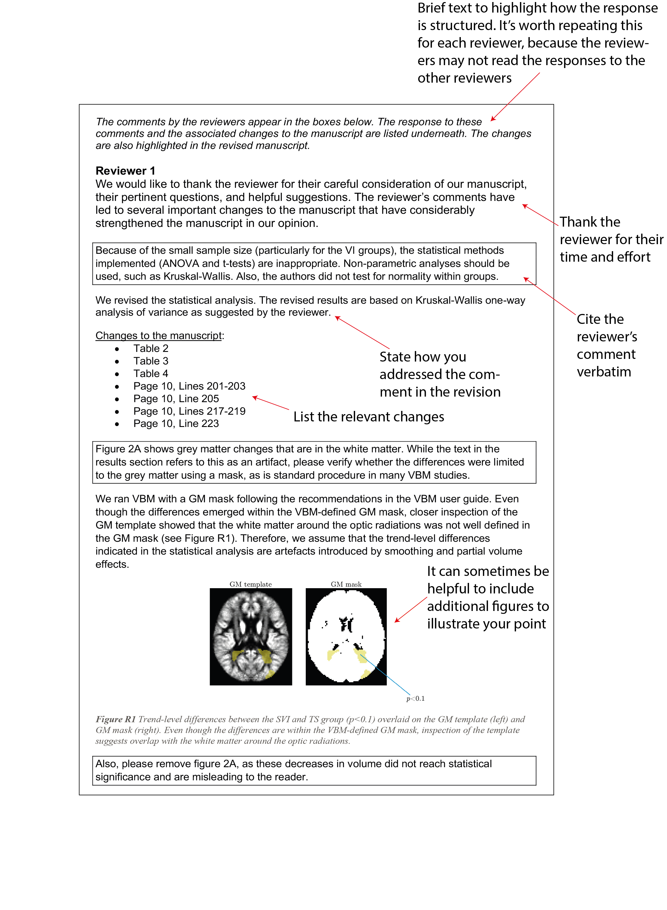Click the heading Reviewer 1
(125, 171)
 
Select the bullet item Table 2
(151, 348)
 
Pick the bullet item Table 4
(151, 374)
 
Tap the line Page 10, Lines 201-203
(189, 386)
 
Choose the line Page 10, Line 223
(176, 423)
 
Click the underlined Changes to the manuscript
(159, 336)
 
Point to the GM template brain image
(251, 636)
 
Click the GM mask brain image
(346, 636)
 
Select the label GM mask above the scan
(346, 584)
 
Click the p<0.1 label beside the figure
(416, 699)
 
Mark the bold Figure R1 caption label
(115, 719)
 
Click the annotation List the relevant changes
(369, 417)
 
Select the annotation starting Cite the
(607, 345)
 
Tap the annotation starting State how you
(440, 374)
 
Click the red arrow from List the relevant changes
(270, 403)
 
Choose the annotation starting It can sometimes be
(488, 598)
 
